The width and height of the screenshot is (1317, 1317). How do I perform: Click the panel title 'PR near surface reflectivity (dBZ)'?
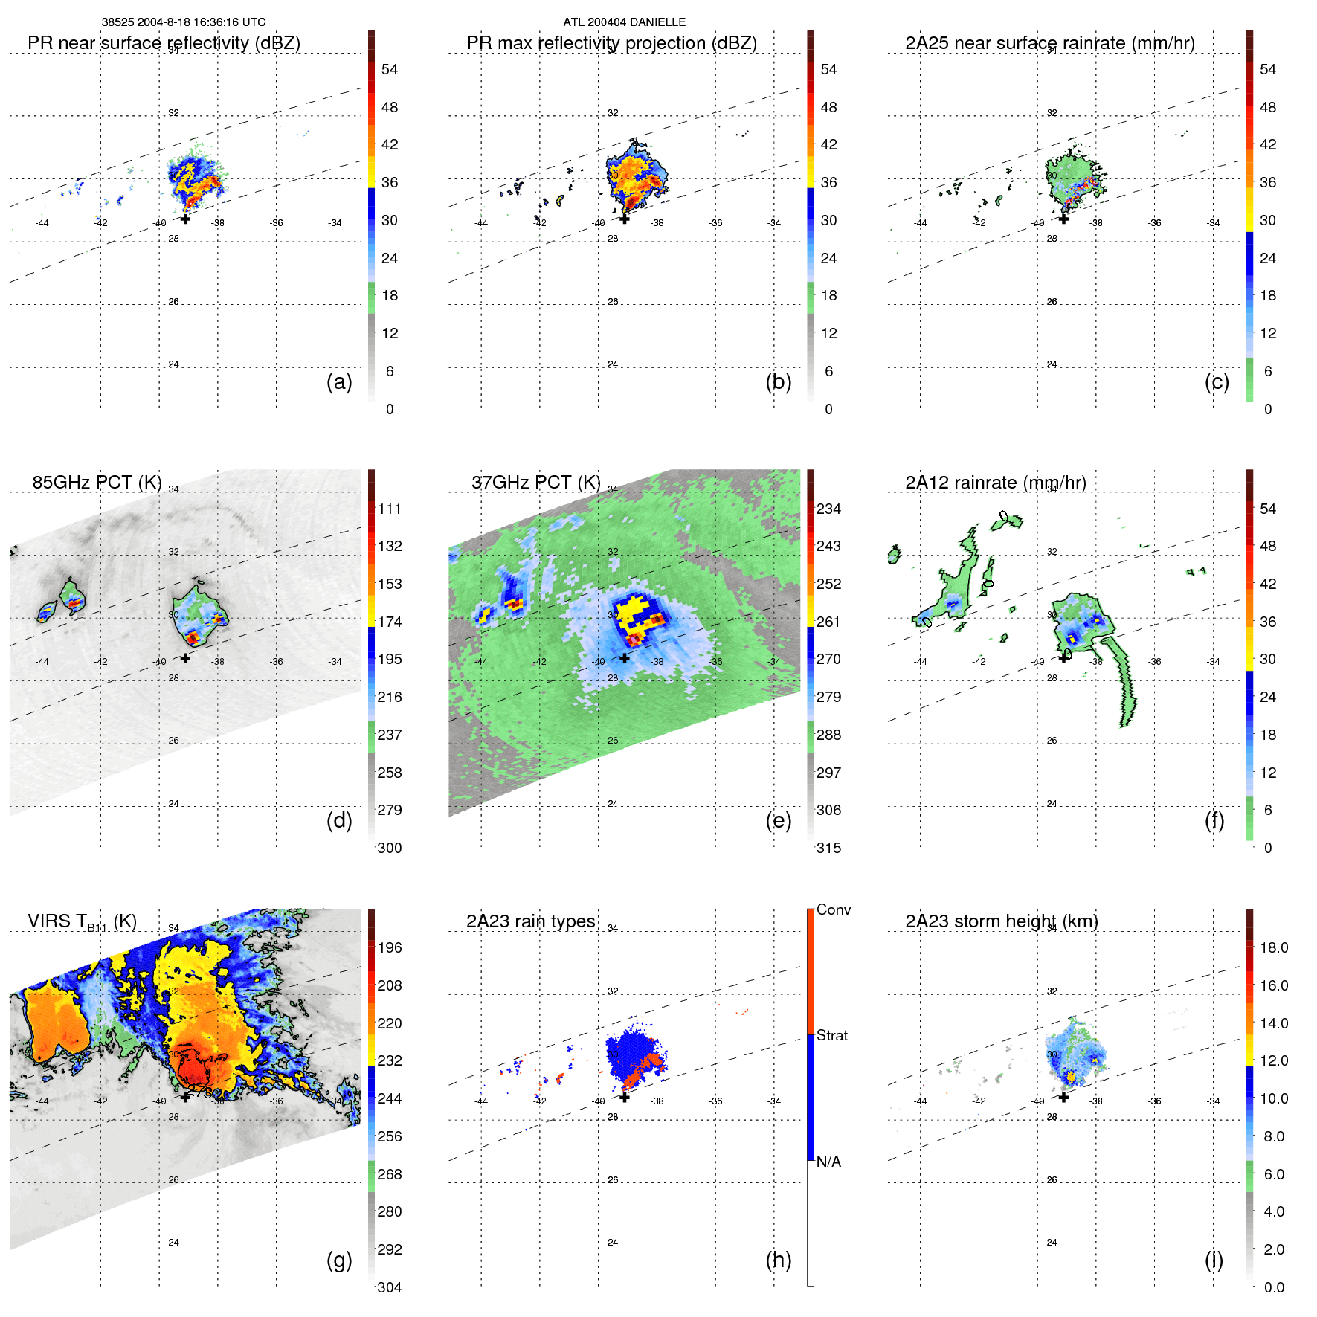click(x=164, y=43)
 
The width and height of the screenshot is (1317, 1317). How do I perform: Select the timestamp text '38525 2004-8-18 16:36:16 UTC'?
click(x=184, y=22)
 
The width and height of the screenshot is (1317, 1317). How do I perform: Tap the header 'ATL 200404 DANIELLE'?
click(x=624, y=22)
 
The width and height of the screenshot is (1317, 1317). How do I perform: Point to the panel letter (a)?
click(x=339, y=381)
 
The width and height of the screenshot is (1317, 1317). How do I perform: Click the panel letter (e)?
click(x=778, y=820)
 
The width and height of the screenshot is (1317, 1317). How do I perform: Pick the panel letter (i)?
click(x=1214, y=1260)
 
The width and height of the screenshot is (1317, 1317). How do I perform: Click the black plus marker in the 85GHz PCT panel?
click(x=185, y=657)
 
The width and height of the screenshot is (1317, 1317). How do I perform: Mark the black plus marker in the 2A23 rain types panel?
click(x=625, y=1097)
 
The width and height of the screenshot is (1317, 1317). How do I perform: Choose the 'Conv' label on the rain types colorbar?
click(x=834, y=909)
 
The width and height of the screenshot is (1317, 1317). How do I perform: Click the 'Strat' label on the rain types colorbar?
click(x=832, y=1035)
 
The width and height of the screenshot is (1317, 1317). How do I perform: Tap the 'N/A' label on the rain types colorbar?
click(x=828, y=1162)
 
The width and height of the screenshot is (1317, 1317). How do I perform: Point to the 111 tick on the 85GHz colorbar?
click(x=390, y=509)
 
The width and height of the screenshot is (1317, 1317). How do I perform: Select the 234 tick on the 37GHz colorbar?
click(x=828, y=509)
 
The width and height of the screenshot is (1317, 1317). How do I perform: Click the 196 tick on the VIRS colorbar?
click(x=390, y=947)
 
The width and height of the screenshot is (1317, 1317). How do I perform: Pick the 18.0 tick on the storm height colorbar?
click(x=1274, y=947)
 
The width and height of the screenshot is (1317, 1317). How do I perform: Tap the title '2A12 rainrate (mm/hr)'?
click(x=996, y=483)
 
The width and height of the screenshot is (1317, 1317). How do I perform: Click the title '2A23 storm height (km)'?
click(x=1002, y=921)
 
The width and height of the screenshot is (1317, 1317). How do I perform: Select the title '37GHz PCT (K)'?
click(x=535, y=483)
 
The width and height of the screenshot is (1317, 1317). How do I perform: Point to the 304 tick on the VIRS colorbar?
click(x=390, y=1287)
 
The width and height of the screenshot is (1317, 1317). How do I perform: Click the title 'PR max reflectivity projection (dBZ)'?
click(x=611, y=43)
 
